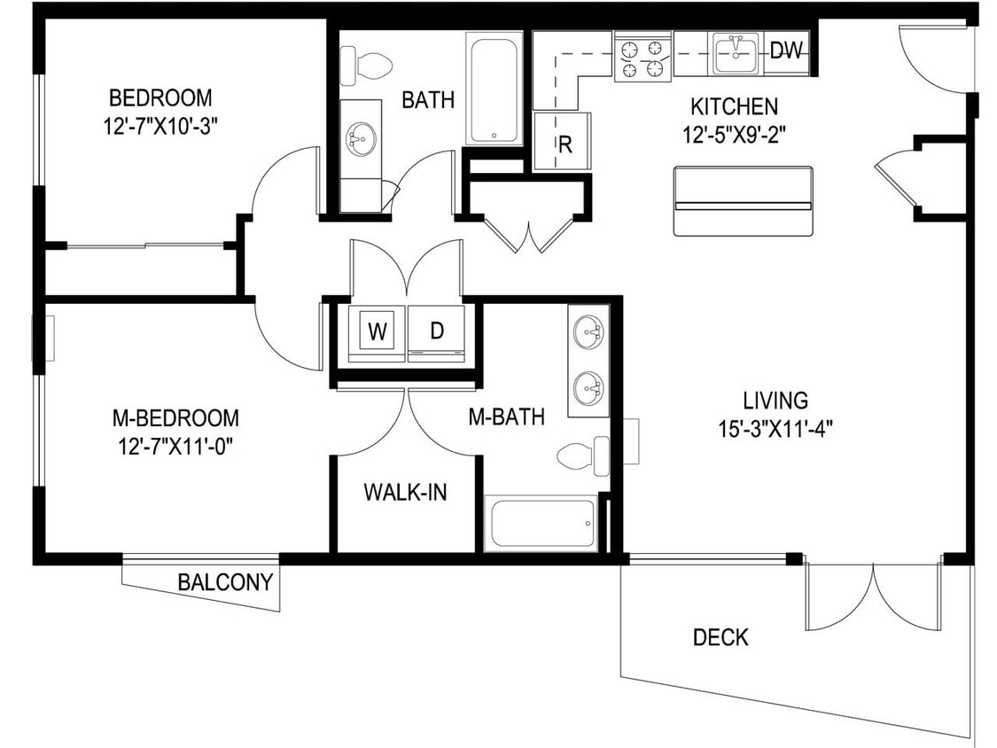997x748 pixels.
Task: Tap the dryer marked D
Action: click(436, 332)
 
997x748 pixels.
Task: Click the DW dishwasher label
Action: click(785, 51)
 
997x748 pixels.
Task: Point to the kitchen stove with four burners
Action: click(643, 58)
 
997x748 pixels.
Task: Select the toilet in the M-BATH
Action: click(582, 456)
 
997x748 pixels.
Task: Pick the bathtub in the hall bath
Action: click(494, 90)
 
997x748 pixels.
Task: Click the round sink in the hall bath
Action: click(362, 138)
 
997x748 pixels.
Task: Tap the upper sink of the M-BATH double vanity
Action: click(588, 334)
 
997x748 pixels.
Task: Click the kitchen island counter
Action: click(743, 201)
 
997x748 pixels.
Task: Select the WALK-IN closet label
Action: click(405, 493)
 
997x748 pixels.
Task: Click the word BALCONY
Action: click(225, 583)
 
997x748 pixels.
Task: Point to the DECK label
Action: click(720, 637)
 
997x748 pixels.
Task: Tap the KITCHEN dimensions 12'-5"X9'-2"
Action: click(735, 135)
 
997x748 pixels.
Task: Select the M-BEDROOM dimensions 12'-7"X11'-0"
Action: click(175, 445)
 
